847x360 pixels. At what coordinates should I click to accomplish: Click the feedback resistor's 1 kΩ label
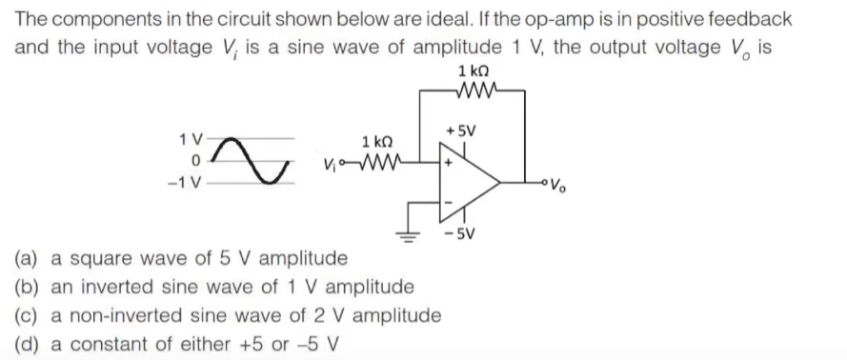coord(474,71)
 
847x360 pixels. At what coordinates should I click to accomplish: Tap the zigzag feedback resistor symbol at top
coord(474,91)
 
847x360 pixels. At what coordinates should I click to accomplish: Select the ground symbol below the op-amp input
coord(412,236)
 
